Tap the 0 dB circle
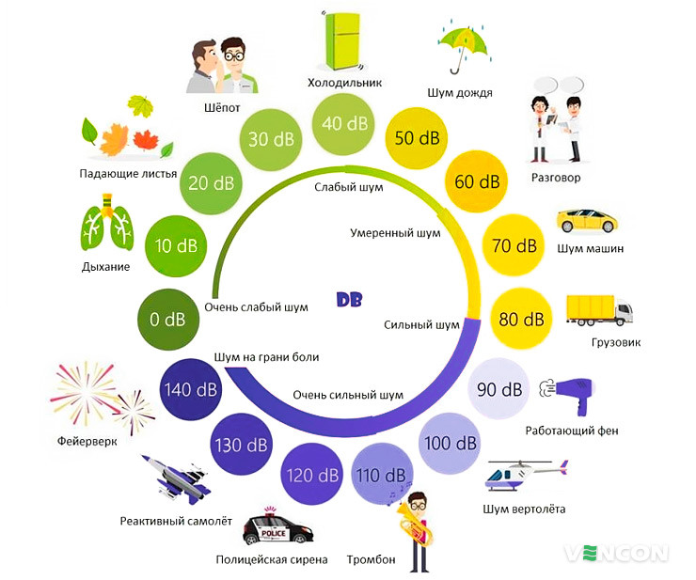click(x=167, y=320)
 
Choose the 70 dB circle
click(x=514, y=247)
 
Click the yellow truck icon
click(x=598, y=311)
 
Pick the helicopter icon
click(x=524, y=475)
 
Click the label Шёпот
click(x=222, y=107)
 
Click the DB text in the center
click(x=350, y=300)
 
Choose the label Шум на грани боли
click(x=267, y=357)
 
